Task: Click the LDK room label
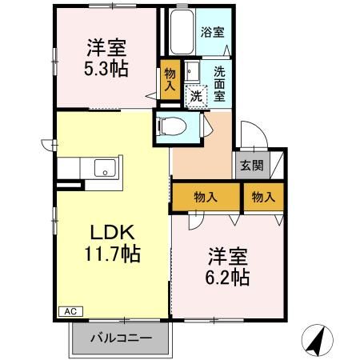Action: [111, 232]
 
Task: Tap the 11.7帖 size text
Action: [111, 255]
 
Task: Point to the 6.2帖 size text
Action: [229, 278]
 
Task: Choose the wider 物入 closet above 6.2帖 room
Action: [206, 197]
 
